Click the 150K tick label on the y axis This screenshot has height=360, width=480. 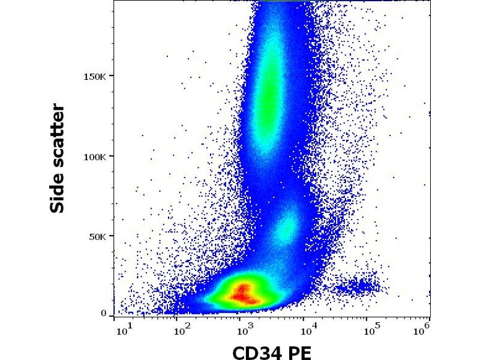click(x=95, y=76)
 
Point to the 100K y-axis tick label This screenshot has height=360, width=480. click(x=95, y=157)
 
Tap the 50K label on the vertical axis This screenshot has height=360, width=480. click(x=98, y=236)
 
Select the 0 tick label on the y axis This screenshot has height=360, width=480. click(x=104, y=313)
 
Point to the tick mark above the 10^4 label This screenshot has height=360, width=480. click(x=304, y=317)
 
